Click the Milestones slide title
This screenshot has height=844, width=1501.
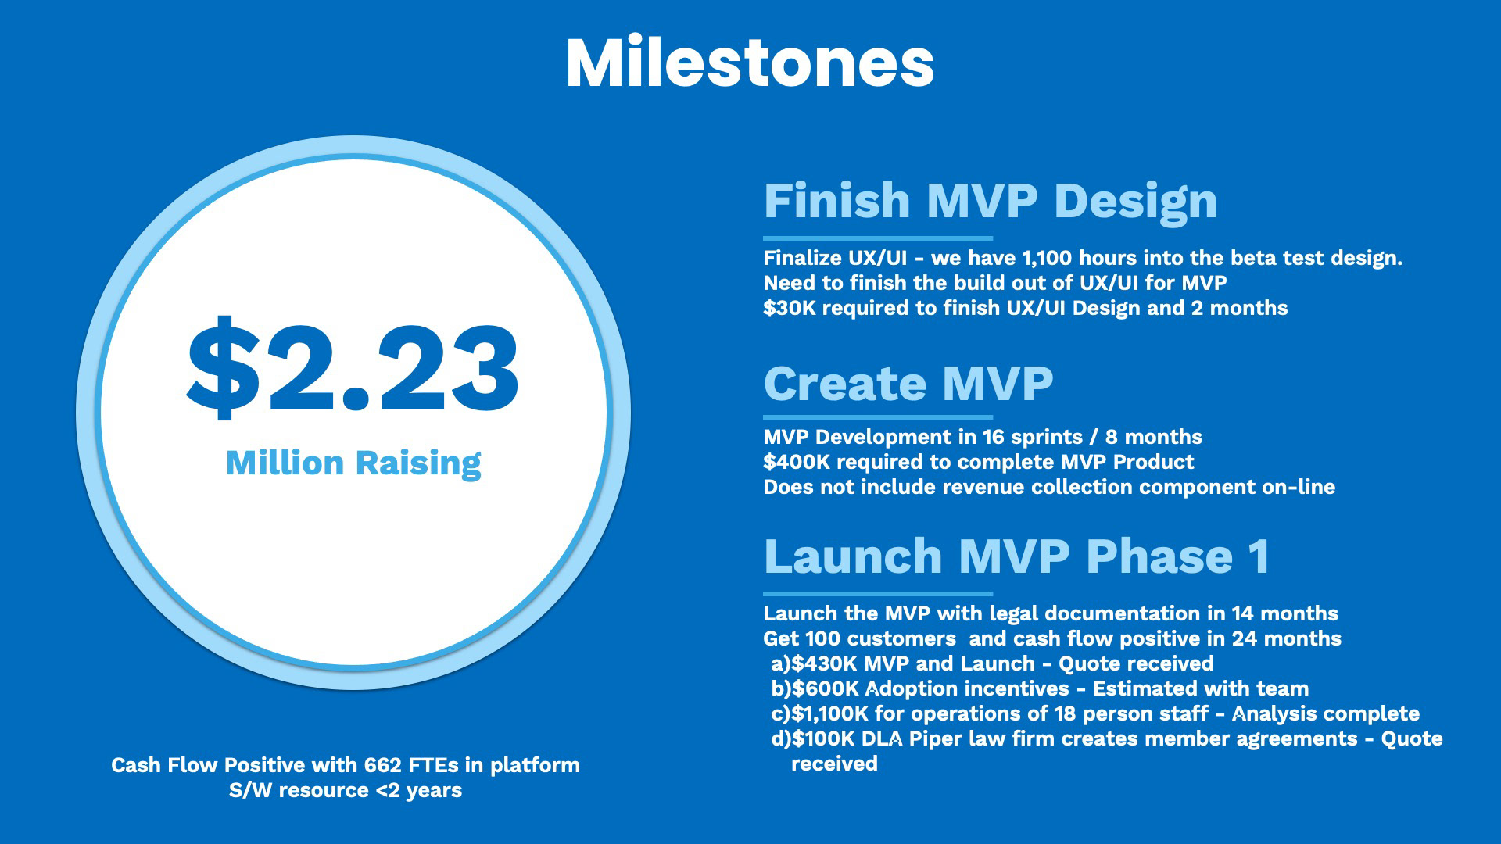click(x=750, y=63)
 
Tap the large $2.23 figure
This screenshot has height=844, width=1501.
click(x=353, y=368)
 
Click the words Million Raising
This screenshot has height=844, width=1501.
click(x=353, y=463)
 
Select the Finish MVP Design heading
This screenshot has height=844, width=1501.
click(x=991, y=202)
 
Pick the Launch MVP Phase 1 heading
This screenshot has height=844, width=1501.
click(x=1016, y=556)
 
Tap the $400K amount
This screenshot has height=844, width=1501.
click(x=797, y=462)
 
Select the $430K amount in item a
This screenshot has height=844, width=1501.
click(x=825, y=663)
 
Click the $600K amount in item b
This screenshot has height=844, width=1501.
click(x=826, y=688)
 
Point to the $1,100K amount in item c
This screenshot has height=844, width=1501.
click(x=830, y=713)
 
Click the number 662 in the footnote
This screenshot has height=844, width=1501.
click(x=383, y=765)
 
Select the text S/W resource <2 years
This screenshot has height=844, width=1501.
click(x=346, y=790)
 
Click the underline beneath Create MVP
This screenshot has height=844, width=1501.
click(x=878, y=417)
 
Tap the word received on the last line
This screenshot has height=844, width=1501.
click(x=834, y=764)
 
